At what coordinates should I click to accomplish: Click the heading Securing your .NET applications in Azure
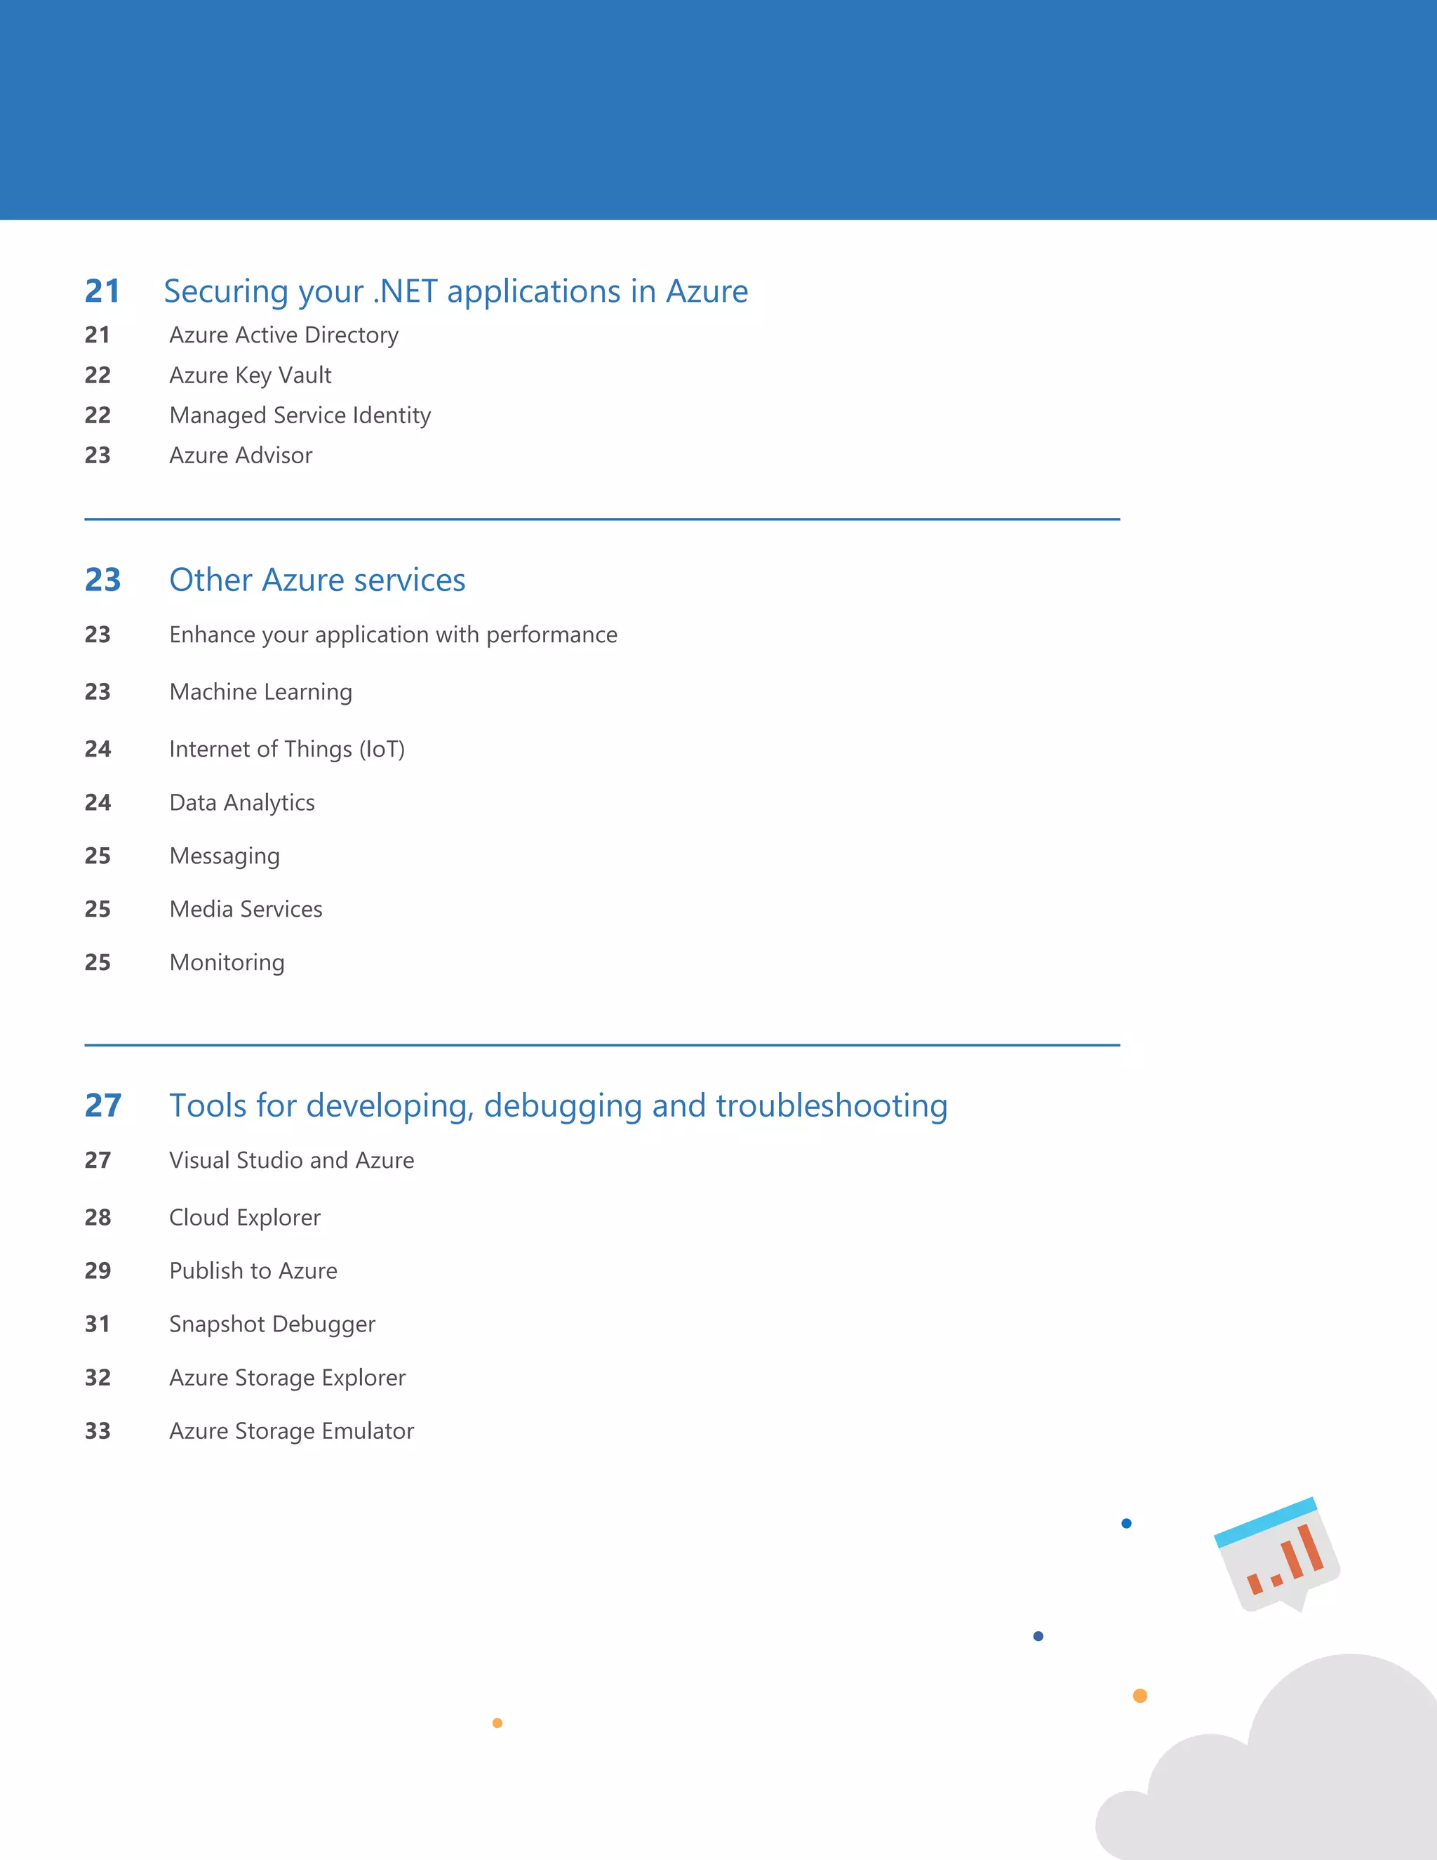click(x=455, y=291)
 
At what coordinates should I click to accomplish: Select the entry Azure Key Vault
click(x=250, y=375)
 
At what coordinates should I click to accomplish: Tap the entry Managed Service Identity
click(x=300, y=415)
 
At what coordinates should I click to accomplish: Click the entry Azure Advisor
click(x=241, y=455)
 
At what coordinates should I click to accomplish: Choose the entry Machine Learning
click(x=260, y=691)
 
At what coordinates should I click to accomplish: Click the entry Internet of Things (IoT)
click(x=287, y=749)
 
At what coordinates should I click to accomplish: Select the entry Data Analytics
click(x=242, y=802)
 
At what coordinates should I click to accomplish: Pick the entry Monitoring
click(x=227, y=962)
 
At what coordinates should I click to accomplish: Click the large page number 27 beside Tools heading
click(x=103, y=1105)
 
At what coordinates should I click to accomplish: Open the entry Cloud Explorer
click(x=244, y=1217)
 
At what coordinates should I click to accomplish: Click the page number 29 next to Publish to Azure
click(x=98, y=1270)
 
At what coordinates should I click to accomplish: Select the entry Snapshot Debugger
click(x=272, y=1324)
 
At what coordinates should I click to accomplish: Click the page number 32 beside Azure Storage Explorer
click(x=98, y=1377)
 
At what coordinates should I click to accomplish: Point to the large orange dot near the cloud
click(x=1140, y=1696)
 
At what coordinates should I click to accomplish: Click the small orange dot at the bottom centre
click(x=497, y=1723)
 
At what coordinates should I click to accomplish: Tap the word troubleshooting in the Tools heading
click(x=831, y=1105)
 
